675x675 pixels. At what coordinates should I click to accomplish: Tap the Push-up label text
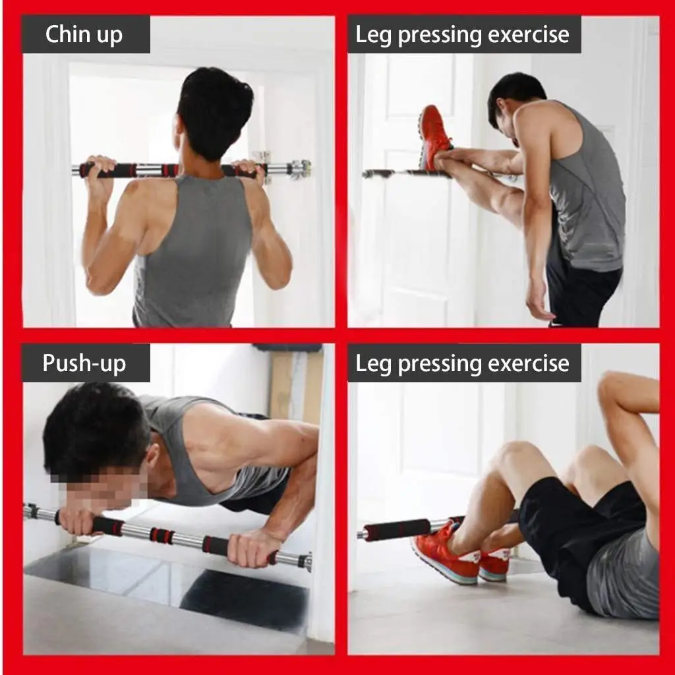[84, 363]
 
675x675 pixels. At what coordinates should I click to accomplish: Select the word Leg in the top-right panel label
[373, 35]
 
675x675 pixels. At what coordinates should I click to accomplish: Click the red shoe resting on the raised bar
[435, 136]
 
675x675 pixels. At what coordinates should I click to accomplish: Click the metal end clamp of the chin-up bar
[298, 169]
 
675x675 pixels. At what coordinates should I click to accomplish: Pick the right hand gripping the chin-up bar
[250, 171]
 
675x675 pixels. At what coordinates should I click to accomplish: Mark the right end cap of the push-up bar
[305, 562]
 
